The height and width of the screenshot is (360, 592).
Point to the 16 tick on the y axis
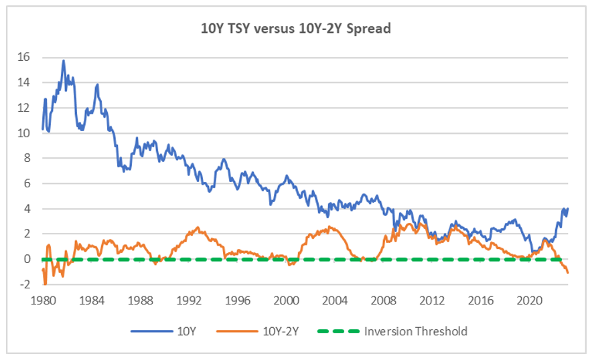pyautogui.click(x=24, y=58)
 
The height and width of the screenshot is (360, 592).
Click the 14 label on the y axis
pyautogui.click(x=24, y=83)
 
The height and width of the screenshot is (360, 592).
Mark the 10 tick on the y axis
pyautogui.click(x=24, y=133)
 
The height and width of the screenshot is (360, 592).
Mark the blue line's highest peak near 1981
pyautogui.click(x=64, y=61)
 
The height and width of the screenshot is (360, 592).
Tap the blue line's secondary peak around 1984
pyautogui.click(x=98, y=84)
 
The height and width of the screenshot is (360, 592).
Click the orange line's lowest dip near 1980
pyautogui.click(x=46, y=284)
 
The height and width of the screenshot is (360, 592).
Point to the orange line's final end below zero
pyautogui.click(x=569, y=272)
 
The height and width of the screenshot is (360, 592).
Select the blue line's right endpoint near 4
pyautogui.click(x=569, y=208)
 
